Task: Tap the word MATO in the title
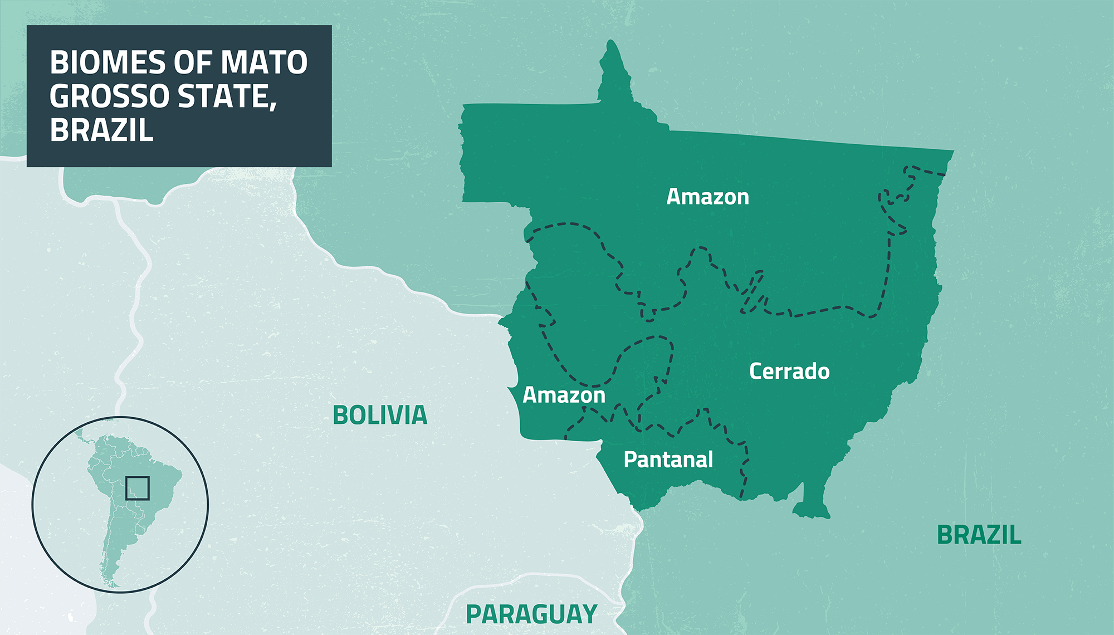pyautogui.click(x=264, y=62)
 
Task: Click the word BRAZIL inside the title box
pyautogui.click(x=101, y=130)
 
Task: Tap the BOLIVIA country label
pyautogui.click(x=380, y=415)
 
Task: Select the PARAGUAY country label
pyautogui.click(x=531, y=614)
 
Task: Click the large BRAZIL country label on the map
pyautogui.click(x=979, y=535)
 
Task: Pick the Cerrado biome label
pyautogui.click(x=789, y=371)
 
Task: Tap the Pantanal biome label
pyautogui.click(x=668, y=460)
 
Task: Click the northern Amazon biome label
pyautogui.click(x=707, y=197)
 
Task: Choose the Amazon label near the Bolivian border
pyautogui.click(x=564, y=395)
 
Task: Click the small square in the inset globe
pyautogui.click(x=137, y=488)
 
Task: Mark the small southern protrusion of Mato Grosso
pyautogui.click(x=810, y=504)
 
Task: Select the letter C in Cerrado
pyautogui.click(x=756, y=371)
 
